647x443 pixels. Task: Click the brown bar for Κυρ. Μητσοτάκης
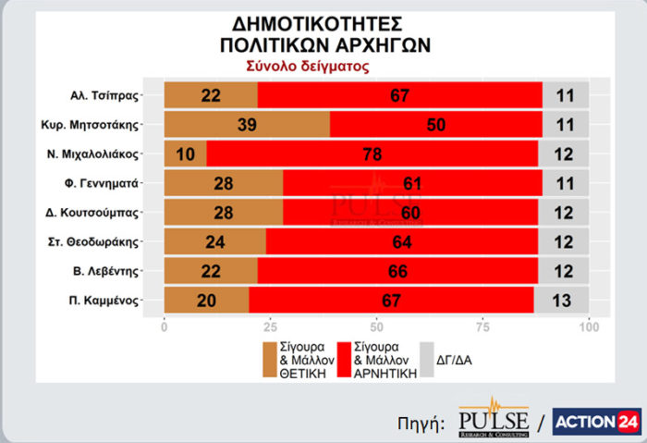[246, 125]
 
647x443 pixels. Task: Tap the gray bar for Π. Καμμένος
[563, 300]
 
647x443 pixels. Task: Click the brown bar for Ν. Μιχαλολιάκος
[185, 154]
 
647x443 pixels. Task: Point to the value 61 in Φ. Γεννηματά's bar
[412, 183]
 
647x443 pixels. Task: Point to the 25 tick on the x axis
[270, 326]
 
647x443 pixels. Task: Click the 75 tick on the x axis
[482, 326]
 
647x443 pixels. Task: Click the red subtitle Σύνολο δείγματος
[308, 67]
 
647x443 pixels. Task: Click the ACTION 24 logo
[597, 421]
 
